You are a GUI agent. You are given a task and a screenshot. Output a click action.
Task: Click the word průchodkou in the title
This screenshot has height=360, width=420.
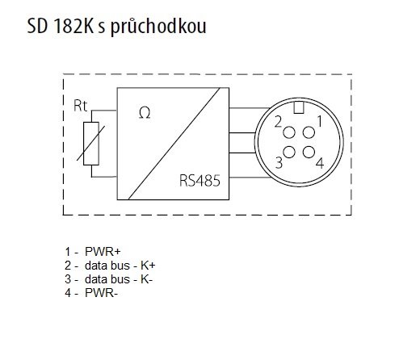pyautogui.click(x=158, y=27)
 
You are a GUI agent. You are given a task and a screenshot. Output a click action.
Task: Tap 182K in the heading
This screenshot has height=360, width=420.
pyautogui.click(x=73, y=26)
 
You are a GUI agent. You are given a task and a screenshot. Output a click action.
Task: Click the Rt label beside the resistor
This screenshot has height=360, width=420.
pyautogui.click(x=80, y=106)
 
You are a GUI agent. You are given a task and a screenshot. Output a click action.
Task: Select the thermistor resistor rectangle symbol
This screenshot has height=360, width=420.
pyautogui.click(x=91, y=144)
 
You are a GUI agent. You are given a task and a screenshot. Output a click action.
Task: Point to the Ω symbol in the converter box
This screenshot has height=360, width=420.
pyautogui.click(x=145, y=113)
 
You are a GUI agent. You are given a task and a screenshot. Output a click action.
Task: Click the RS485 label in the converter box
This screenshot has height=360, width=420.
pyautogui.click(x=199, y=181)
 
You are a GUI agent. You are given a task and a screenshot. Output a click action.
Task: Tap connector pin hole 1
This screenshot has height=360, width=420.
pyautogui.click(x=309, y=132)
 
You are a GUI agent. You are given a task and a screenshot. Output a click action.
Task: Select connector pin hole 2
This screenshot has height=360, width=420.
pyautogui.click(x=289, y=132)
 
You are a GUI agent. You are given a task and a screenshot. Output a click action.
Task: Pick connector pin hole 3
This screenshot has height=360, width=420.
pyautogui.click(x=289, y=152)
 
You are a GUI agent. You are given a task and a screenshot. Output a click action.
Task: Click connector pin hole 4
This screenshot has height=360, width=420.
pyautogui.click(x=309, y=152)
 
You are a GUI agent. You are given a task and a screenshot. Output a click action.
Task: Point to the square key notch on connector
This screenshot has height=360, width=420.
pyautogui.click(x=299, y=108)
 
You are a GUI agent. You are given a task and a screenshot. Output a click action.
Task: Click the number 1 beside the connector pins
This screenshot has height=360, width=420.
pyautogui.click(x=320, y=121)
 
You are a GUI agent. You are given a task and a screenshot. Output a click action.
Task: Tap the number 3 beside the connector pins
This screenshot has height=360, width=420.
pyautogui.click(x=279, y=163)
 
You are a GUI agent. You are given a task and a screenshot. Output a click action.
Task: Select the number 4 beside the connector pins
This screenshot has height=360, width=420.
pyautogui.click(x=320, y=163)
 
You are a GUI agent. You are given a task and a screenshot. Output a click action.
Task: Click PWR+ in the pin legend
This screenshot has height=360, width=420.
pyautogui.click(x=103, y=252)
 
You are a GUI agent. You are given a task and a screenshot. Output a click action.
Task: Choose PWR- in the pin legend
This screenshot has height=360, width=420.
pyautogui.click(x=101, y=293)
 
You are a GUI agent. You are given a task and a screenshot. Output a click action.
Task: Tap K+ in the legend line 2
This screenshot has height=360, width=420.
pyautogui.click(x=148, y=266)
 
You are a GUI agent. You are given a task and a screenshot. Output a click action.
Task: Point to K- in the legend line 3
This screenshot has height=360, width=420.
pyautogui.click(x=146, y=279)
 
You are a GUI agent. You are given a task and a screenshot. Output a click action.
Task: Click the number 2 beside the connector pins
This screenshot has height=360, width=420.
pyautogui.click(x=278, y=122)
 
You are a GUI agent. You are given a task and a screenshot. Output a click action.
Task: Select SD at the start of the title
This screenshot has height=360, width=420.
pyautogui.click(x=37, y=26)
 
